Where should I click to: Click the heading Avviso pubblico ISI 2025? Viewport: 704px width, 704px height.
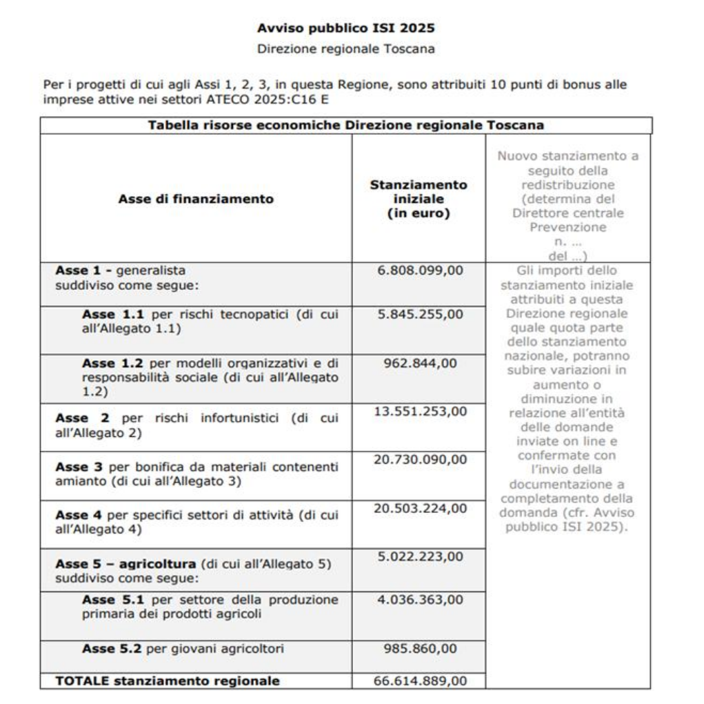coord(345,28)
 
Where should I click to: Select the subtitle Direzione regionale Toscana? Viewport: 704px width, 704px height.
coord(345,49)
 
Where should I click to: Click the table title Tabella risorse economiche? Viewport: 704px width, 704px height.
coord(345,125)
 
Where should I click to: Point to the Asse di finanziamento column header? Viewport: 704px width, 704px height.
coord(196,199)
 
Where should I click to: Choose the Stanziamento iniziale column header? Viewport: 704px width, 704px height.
coord(418,199)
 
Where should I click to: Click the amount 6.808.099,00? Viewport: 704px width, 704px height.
coord(420,271)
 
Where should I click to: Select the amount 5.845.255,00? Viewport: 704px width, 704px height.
coord(420,314)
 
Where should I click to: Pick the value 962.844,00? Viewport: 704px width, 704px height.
coord(420,362)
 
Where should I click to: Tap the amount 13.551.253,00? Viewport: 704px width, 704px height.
coord(420,411)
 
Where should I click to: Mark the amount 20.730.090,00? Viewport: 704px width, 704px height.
coord(420,460)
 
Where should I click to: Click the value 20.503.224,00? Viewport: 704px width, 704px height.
coord(420,509)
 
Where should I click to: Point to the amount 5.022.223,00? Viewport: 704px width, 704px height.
coord(420,556)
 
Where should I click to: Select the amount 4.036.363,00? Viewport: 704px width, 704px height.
coord(420,599)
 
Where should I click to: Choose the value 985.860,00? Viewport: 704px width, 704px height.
coord(420,649)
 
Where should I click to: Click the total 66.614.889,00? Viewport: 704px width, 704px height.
coord(420,681)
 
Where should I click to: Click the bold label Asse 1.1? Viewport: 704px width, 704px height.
coord(104,315)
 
